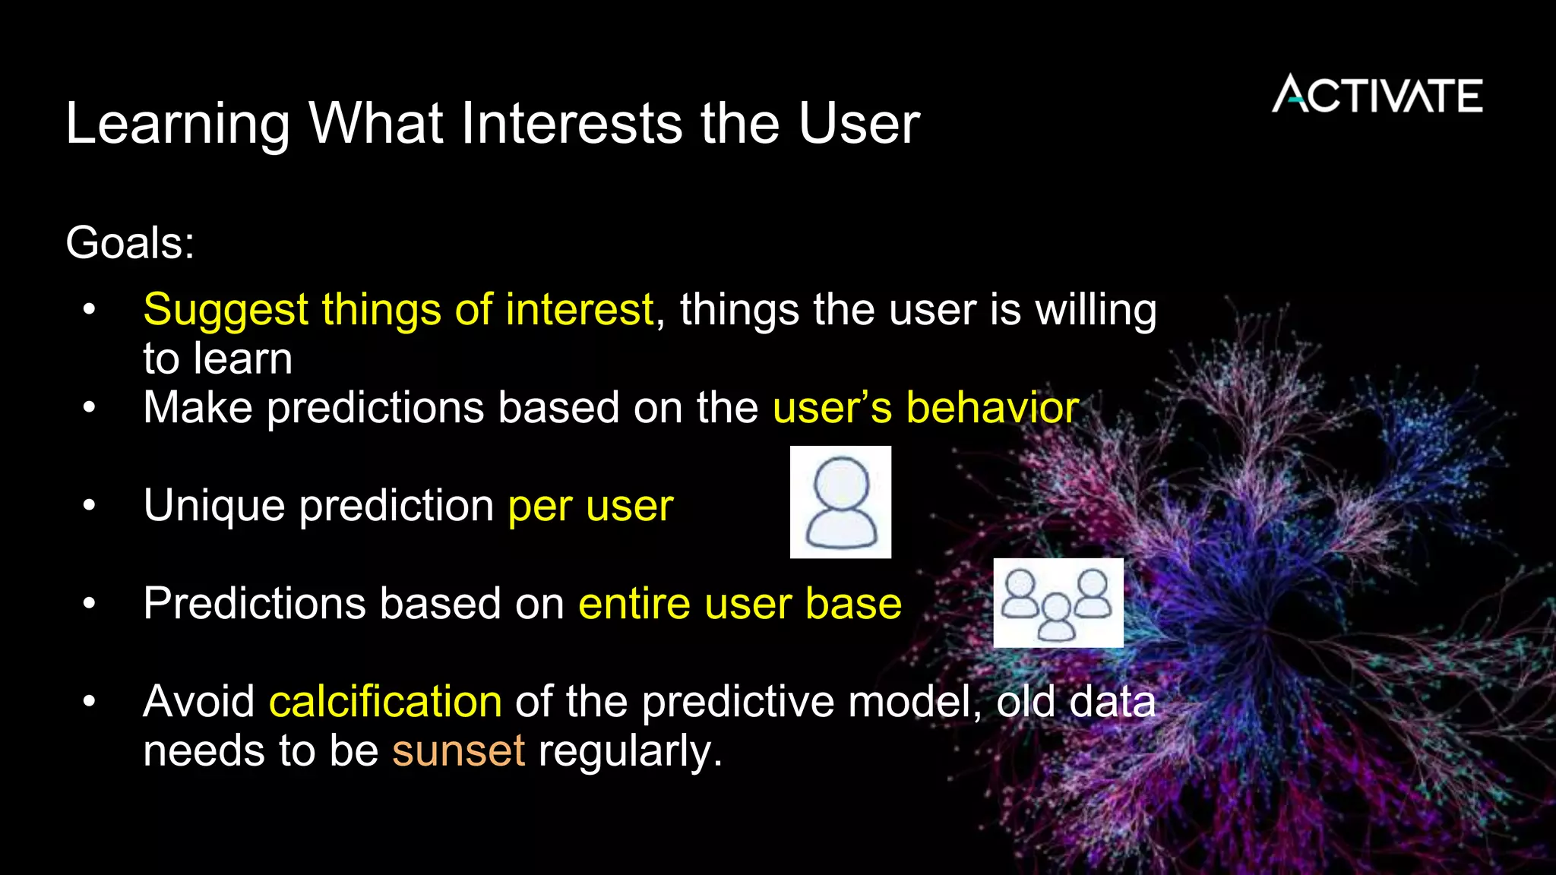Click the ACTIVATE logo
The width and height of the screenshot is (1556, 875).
[1377, 95]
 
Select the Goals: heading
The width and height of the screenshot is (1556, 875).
[130, 243]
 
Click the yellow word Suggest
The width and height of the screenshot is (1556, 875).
[225, 311]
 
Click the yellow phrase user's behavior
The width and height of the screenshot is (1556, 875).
[925, 408]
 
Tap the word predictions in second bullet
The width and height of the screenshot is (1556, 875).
[375, 408]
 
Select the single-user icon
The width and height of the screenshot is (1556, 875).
[840, 502]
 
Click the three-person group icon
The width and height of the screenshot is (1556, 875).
[1058, 603]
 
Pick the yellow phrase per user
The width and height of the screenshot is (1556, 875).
[590, 506]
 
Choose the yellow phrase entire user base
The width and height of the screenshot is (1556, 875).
[740, 604]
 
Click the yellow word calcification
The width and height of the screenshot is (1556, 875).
[385, 701]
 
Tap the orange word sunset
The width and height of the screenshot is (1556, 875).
[458, 750]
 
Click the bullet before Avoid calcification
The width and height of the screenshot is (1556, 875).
[90, 701]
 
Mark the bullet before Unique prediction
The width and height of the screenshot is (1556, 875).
[90, 505]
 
